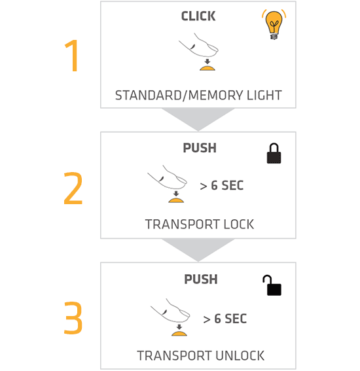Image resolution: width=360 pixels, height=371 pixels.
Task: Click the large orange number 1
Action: (73, 56)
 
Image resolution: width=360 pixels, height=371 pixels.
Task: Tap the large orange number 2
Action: (73, 188)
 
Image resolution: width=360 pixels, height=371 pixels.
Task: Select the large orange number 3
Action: (73, 318)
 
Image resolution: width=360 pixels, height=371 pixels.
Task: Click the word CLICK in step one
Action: (198, 16)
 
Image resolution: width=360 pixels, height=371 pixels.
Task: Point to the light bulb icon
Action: (274, 24)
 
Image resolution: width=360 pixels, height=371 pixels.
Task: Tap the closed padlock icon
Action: (274, 153)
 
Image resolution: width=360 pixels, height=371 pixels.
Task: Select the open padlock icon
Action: (272, 285)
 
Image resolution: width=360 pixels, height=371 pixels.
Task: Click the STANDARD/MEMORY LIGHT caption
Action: (198, 96)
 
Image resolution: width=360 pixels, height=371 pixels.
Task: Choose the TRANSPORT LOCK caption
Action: (200, 224)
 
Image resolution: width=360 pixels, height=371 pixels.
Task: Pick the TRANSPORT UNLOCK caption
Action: (201, 355)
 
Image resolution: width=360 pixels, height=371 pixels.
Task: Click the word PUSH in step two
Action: (200, 148)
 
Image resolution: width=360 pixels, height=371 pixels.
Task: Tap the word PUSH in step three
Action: (201, 279)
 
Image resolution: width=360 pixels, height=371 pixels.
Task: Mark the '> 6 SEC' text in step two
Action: (221, 185)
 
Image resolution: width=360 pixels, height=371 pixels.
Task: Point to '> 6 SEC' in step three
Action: (225, 319)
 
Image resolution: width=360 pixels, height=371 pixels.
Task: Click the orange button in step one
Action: (207, 69)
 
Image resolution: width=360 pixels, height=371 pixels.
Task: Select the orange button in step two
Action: (176, 200)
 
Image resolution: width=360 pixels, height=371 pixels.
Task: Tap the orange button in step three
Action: (179, 334)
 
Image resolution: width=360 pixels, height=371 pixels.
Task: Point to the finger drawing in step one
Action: (199, 45)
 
